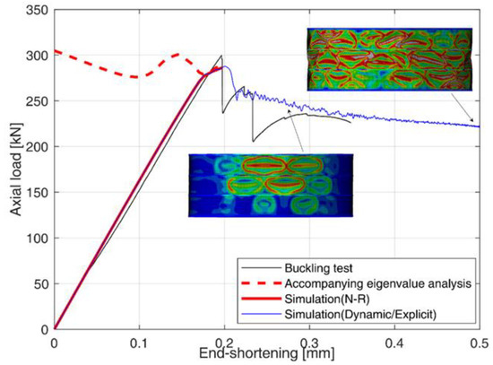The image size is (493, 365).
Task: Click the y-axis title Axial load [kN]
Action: click(12, 169)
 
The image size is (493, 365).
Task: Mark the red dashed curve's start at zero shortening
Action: click(55, 51)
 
